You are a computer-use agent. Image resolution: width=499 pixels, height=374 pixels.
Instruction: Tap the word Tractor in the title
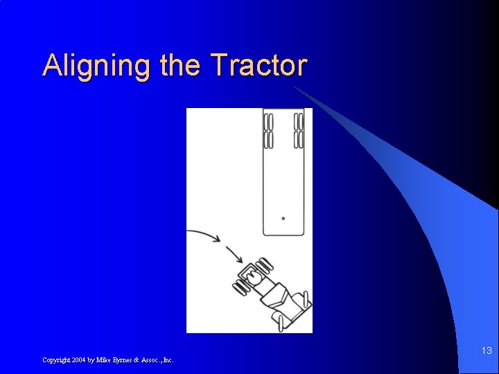coord(259,65)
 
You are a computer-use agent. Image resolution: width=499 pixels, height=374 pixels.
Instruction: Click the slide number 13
coord(487,352)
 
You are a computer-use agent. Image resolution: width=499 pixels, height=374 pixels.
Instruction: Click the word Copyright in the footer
coord(55,360)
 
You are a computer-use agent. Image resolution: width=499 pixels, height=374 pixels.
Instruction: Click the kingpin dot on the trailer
coord(283,218)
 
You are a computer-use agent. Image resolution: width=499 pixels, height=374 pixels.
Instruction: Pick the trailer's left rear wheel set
coord(269,131)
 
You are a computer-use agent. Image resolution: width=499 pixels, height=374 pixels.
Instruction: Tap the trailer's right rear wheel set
coord(299,131)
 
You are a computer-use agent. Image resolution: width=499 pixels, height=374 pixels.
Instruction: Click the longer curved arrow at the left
coord(204,235)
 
